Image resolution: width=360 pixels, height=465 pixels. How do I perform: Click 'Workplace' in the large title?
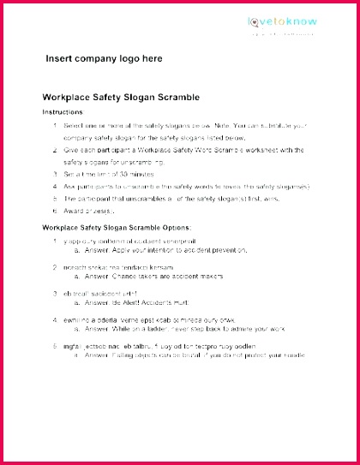(x=69, y=98)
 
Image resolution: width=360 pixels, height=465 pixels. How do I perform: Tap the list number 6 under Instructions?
(x=55, y=210)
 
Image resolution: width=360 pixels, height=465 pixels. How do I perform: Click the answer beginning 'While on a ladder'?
(x=188, y=328)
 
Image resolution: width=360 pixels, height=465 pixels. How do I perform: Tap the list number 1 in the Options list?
(x=55, y=241)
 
